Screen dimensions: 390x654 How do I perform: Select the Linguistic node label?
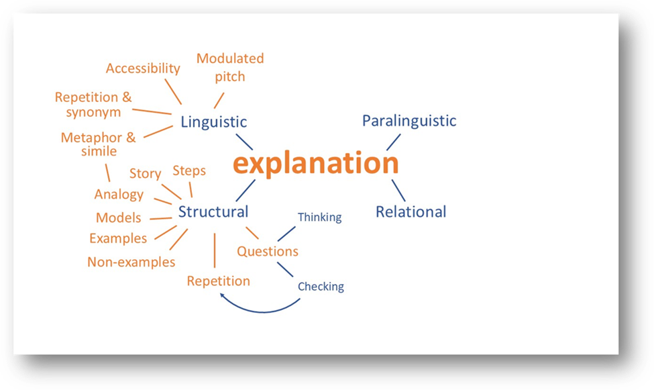(x=213, y=122)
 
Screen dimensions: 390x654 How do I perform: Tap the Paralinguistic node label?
(x=409, y=121)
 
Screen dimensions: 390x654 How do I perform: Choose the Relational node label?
(x=411, y=212)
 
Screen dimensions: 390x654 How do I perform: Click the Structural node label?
(x=213, y=212)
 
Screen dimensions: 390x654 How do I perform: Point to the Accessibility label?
(x=143, y=68)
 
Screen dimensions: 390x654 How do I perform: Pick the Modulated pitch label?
(x=230, y=67)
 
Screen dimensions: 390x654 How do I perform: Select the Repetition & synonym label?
(x=93, y=105)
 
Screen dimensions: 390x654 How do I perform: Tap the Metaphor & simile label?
(x=99, y=144)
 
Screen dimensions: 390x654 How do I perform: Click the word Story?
(x=145, y=174)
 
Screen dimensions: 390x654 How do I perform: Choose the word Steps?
(x=189, y=171)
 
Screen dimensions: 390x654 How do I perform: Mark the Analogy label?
(x=119, y=195)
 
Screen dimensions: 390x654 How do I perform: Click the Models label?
(x=118, y=217)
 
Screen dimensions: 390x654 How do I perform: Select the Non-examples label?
(x=131, y=262)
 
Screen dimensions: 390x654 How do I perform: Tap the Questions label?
(x=268, y=252)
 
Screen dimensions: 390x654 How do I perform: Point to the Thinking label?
(x=319, y=217)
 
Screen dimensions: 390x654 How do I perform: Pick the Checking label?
(x=321, y=287)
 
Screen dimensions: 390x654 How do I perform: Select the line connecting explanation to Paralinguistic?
(x=393, y=142)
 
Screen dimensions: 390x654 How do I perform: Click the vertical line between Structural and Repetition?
(x=214, y=250)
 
